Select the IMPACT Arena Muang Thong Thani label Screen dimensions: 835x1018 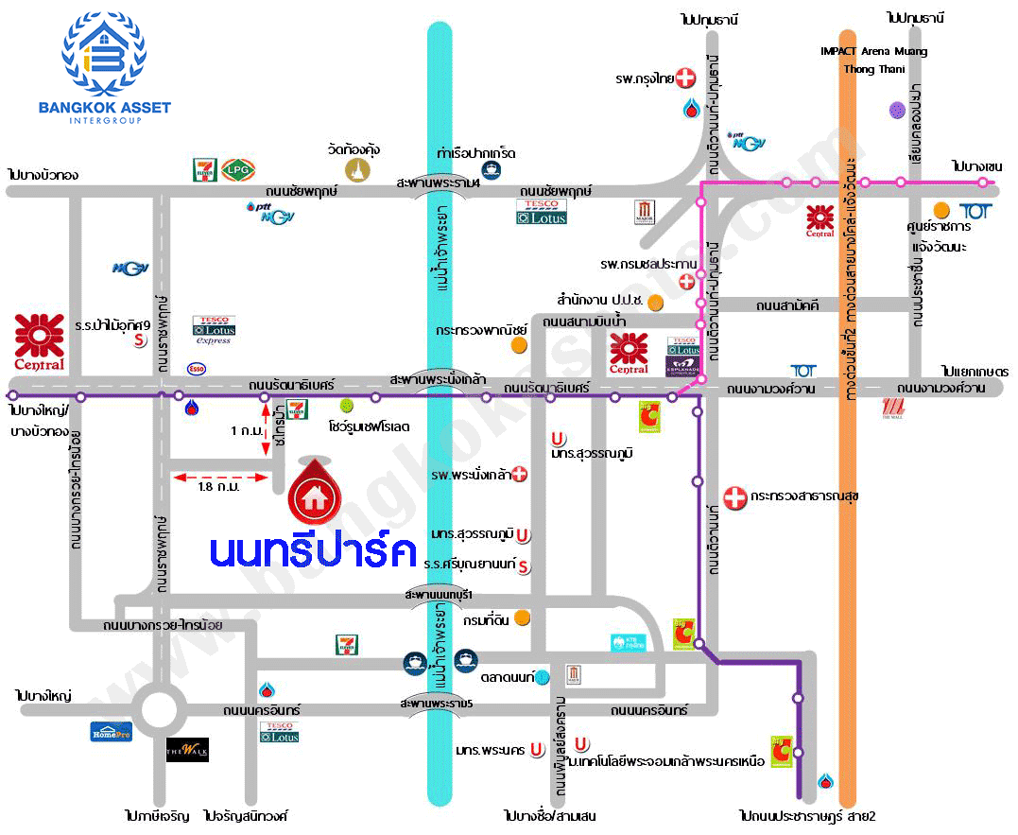(874, 60)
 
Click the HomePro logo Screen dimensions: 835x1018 (111, 730)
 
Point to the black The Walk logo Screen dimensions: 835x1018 (187, 750)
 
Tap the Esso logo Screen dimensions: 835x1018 (197, 368)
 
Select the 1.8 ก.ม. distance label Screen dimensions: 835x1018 (219, 488)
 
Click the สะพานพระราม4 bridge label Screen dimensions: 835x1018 (439, 183)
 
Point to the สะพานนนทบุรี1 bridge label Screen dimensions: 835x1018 (438, 594)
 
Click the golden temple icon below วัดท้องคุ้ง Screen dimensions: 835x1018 (357, 169)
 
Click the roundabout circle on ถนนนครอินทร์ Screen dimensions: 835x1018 (155, 707)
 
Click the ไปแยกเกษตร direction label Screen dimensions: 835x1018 (975, 372)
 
